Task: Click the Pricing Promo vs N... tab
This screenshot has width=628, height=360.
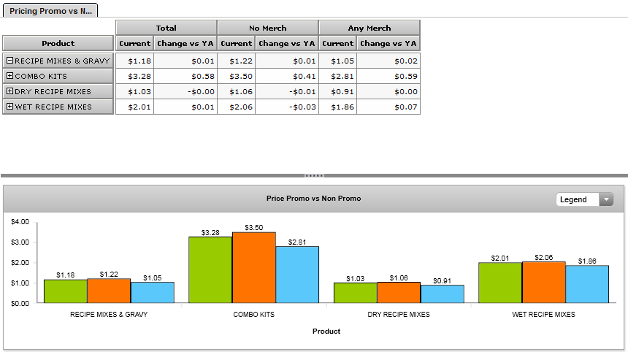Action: (50, 12)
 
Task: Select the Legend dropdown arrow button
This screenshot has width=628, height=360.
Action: (606, 199)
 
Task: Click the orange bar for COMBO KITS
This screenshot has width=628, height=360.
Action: (253, 267)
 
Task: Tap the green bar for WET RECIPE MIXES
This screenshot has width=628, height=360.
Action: (499, 283)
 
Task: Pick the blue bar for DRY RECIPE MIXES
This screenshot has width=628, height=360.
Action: (442, 294)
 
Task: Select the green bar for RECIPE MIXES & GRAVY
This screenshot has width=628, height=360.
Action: (65, 291)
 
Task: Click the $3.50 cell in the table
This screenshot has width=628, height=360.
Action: (237, 76)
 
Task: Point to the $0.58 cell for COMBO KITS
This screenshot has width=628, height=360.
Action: (185, 76)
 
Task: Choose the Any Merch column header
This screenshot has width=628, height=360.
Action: (369, 28)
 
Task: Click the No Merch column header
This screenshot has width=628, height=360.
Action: (268, 28)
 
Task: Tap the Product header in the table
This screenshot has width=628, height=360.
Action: (58, 44)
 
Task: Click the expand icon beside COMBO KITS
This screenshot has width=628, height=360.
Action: (9, 76)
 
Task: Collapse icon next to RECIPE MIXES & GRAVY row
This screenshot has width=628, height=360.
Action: (9, 61)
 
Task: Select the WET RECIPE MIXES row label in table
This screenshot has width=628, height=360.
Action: (53, 107)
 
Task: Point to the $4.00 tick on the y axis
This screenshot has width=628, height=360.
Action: (20, 221)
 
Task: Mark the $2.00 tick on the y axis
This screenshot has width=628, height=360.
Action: (20, 262)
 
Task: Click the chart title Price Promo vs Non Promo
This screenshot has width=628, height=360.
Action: (313, 199)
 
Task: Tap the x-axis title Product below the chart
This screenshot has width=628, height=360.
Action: (326, 331)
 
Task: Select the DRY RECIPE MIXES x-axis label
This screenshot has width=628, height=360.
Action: (399, 315)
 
